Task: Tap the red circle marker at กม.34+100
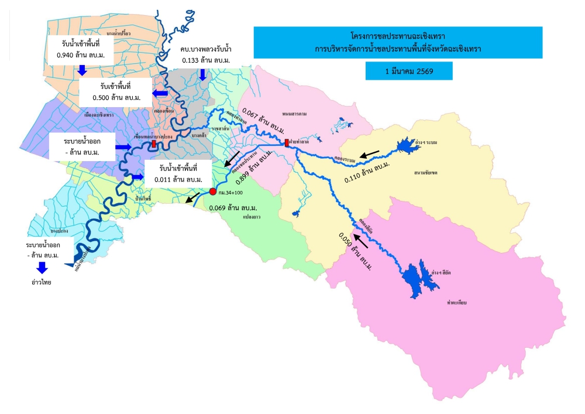(213, 191)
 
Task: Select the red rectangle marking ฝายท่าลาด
(287, 142)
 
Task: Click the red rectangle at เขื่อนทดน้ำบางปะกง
(153, 143)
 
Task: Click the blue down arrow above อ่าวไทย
(42, 268)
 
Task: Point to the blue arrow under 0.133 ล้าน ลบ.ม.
(203, 74)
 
